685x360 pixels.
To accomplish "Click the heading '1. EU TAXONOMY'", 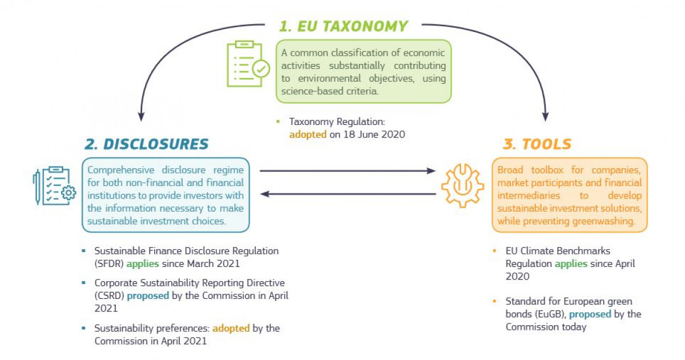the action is pos(344,26).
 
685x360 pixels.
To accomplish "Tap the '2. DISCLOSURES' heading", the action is pos(147,144).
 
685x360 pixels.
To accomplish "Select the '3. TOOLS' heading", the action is pos(537,144).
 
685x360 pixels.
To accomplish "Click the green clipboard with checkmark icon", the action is pos(248,64).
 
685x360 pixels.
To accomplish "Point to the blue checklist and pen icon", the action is pos(54,185).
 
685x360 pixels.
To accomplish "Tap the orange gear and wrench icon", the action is pos(462,185).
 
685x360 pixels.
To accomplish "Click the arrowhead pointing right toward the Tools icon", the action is pos(431,171).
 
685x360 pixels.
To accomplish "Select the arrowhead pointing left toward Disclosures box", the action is pos(265,194).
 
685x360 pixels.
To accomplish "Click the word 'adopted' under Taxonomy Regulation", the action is pos(308,135).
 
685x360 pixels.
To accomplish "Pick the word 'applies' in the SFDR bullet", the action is pos(143,264).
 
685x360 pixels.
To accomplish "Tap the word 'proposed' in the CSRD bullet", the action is pos(148,296).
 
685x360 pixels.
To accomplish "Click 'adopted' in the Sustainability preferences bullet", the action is pos(231,328).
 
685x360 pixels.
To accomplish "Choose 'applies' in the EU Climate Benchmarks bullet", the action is pos(571,264).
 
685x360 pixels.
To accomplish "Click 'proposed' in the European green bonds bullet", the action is pos(590,314).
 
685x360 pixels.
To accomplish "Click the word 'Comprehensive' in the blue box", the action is pos(120,170).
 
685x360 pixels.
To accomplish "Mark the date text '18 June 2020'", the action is pos(374,135).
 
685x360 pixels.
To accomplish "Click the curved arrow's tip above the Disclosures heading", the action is pos(140,121).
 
